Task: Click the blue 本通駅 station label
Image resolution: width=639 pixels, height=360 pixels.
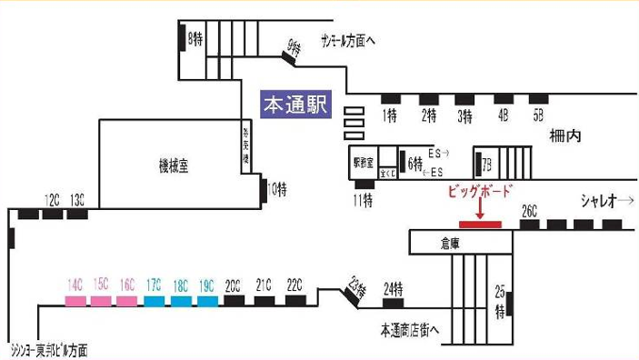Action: (x=295, y=105)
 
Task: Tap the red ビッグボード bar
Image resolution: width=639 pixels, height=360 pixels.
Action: (x=480, y=224)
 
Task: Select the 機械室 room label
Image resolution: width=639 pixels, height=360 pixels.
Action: (x=173, y=165)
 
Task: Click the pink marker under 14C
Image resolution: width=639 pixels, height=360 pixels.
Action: (x=75, y=299)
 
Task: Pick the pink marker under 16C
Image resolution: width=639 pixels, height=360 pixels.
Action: (x=127, y=299)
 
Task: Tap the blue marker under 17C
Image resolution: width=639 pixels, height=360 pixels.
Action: (x=155, y=299)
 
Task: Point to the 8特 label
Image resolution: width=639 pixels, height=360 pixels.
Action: (x=195, y=39)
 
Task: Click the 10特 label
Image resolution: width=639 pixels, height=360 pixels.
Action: (x=276, y=189)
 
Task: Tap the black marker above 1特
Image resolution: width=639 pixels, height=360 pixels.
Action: (x=391, y=98)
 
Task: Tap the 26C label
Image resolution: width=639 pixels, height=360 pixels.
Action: (x=530, y=211)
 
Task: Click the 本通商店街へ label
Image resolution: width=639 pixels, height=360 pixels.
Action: (x=409, y=330)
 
